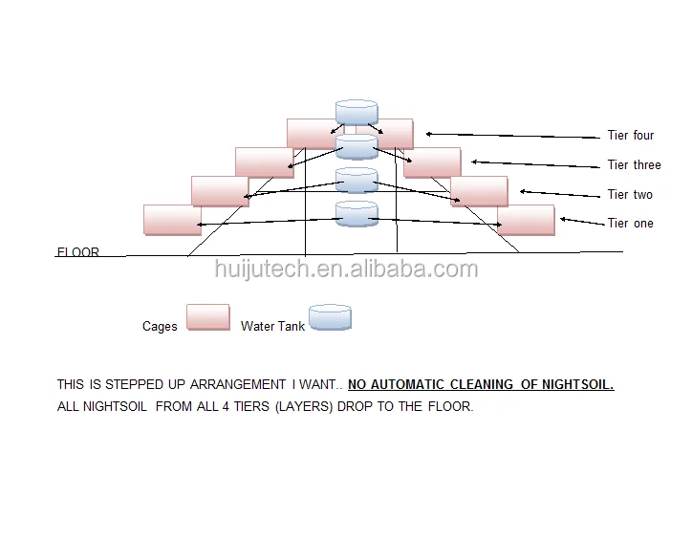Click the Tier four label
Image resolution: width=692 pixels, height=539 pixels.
(x=631, y=136)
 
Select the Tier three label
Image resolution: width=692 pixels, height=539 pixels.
(x=634, y=165)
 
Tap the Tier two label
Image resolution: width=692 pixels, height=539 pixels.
(x=630, y=195)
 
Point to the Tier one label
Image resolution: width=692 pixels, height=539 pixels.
(x=630, y=224)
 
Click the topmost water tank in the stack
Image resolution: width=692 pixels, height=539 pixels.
(x=357, y=113)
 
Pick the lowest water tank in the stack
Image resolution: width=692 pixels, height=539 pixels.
(x=357, y=214)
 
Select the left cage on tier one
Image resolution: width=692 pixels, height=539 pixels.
(x=172, y=220)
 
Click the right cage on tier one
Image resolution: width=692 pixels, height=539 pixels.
(x=526, y=220)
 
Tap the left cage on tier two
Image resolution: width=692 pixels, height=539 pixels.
(x=220, y=191)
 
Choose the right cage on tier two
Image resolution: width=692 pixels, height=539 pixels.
(x=479, y=191)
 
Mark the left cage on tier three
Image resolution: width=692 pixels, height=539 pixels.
(x=264, y=162)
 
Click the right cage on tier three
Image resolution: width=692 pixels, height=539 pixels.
(x=432, y=162)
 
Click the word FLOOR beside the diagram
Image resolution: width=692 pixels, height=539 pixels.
(x=77, y=253)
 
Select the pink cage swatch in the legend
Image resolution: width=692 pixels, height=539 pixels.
(x=207, y=317)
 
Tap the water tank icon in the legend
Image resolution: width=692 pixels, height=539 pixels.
(x=330, y=318)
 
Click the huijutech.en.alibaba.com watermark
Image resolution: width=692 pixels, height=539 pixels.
(x=345, y=269)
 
